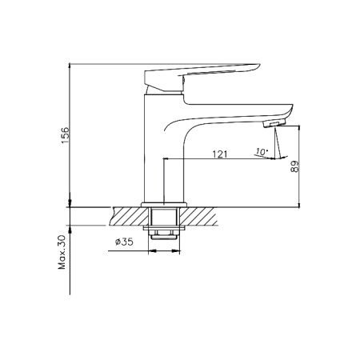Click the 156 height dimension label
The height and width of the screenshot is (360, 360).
click(65, 135)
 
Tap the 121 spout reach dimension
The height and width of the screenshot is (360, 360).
click(220, 154)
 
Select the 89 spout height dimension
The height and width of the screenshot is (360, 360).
click(294, 166)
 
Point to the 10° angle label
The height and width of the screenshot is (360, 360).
click(262, 152)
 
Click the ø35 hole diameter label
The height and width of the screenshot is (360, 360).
click(124, 242)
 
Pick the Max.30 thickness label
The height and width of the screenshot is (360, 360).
click(62, 252)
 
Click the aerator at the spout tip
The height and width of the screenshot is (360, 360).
click(274, 124)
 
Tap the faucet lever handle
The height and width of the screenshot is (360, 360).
click(202, 77)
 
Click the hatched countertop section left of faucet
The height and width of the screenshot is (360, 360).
click(129, 216)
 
